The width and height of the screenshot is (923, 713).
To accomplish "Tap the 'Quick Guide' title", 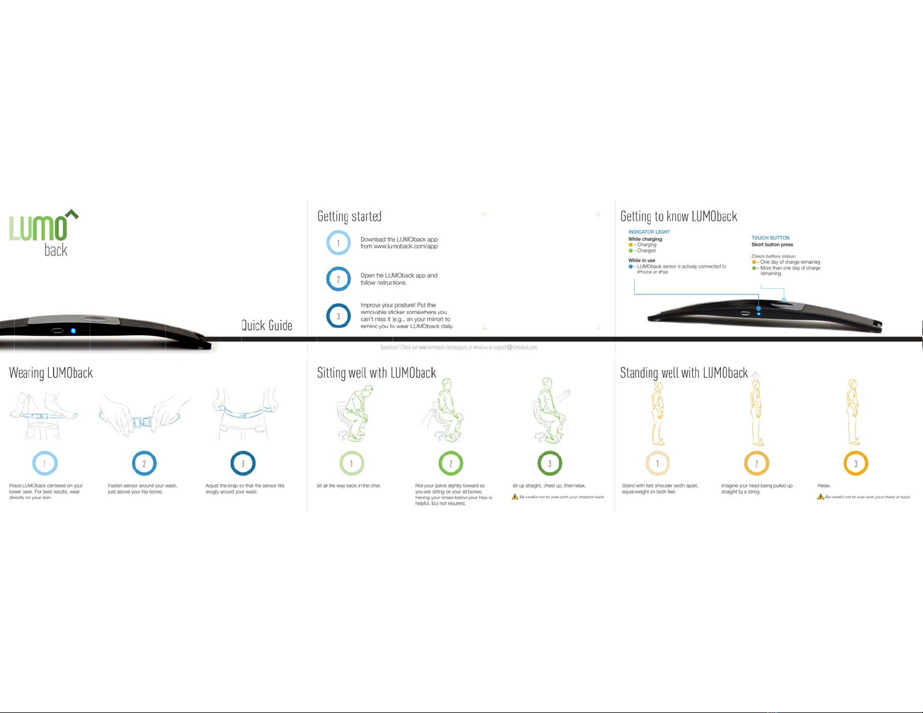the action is pos(267,325).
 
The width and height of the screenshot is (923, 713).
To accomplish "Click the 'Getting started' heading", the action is pos(349,217).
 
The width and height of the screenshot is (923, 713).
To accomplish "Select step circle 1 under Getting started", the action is pos(338,243).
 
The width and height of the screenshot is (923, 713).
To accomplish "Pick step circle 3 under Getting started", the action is pos(338,316).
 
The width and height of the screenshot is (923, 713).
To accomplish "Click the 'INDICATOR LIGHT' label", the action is pos(649,232).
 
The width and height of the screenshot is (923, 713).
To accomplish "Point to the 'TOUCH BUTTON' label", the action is pos(770,238).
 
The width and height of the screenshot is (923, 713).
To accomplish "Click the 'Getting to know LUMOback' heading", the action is pos(678,217).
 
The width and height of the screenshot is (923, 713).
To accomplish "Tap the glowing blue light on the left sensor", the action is pos(73,331).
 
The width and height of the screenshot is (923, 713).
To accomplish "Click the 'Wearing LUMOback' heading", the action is pos(51,373).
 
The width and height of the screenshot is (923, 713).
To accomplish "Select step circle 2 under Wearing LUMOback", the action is pos(144,464).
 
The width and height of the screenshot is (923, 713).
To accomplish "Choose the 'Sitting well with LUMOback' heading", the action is pos(376,373).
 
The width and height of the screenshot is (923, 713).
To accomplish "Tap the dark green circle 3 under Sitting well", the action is pos(550,464).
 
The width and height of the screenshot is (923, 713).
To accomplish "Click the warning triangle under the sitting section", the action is pos(515,496).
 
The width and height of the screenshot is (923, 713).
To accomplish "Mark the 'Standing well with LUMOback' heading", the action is pos(684,373).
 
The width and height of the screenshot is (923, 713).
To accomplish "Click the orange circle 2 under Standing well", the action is pos(756,464).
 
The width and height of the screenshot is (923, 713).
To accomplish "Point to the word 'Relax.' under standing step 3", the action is pos(824,485).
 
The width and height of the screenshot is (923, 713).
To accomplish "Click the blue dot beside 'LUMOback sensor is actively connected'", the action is pos(631,267).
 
